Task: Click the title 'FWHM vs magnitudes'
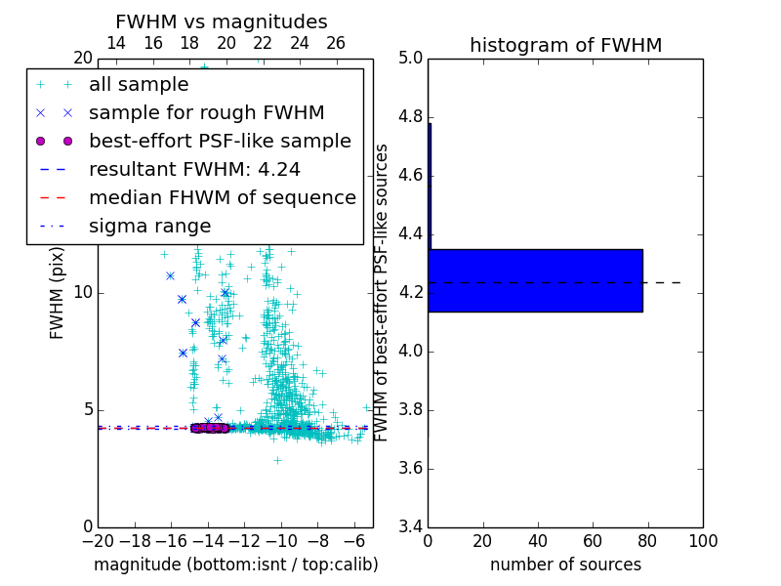click(222, 22)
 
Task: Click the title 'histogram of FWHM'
click(565, 45)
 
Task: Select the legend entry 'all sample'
click(139, 85)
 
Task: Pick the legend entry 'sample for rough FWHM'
click(206, 112)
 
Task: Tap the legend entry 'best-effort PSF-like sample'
click(220, 141)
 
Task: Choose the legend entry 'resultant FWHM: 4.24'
click(194, 169)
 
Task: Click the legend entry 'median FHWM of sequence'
click(222, 197)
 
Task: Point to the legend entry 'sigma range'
click(149, 226)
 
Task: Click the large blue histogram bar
click(535, 280)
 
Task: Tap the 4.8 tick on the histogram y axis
click(411, 117)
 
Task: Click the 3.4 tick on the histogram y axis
click(411, 526)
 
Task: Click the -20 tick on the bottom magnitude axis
click(98, 541)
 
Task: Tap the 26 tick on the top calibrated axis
click(336, 43)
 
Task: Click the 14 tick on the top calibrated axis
click(116, 43)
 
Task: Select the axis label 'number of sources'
click(565, 565)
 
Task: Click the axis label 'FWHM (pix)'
click(58, 292)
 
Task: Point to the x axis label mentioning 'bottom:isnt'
click(235, 565)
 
